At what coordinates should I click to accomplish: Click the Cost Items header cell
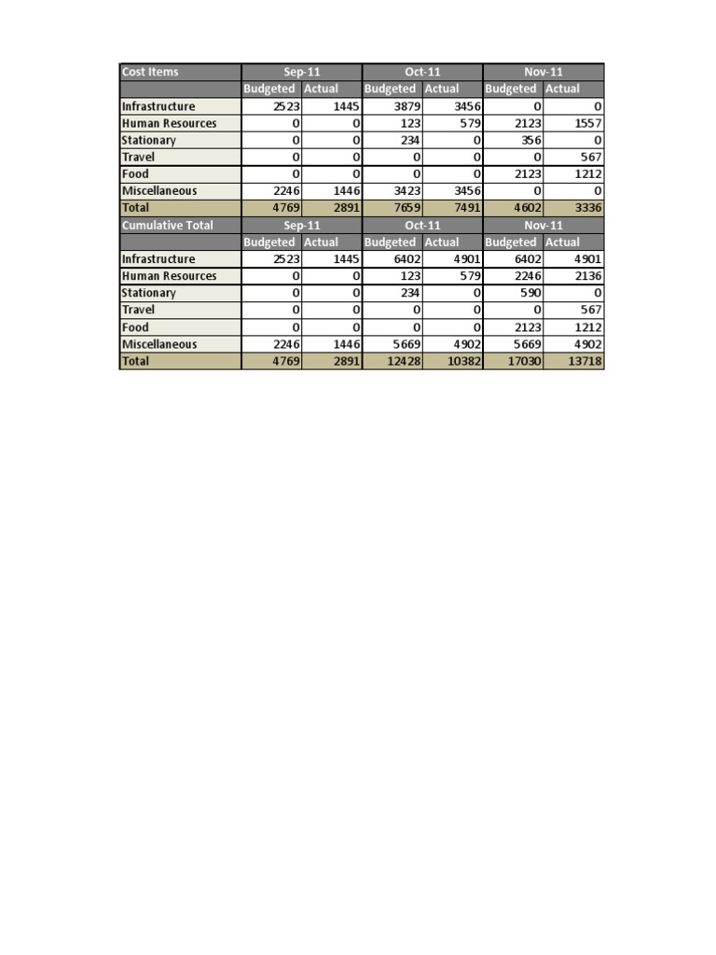[x=150, y=72]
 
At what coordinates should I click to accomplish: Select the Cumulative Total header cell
[x=167, y=225]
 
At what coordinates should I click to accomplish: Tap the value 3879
[x=406, y=106]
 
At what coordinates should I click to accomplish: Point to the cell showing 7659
[x=406, y=208]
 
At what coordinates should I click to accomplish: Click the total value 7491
[x=465, y=208]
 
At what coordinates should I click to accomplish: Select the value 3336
[x=587, y=208]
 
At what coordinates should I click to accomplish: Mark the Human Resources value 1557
[x=587, y=123]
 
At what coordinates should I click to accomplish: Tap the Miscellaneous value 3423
[x=406, y=191]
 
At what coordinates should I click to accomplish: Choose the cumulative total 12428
[x=403, y=361]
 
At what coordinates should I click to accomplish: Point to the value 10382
[x=462, y=361]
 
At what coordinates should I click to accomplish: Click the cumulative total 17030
[x=524, y=361]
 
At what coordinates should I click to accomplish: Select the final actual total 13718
[x=585, y=361]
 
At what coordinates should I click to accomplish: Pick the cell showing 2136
[x=587, y=276]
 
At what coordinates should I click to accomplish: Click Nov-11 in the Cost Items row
[x=544, y=72]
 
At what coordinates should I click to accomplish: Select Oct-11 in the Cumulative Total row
[x=422, y=225]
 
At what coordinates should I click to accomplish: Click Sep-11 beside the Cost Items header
[x=301, y=72]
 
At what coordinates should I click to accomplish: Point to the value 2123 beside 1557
[x=527, y=123]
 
